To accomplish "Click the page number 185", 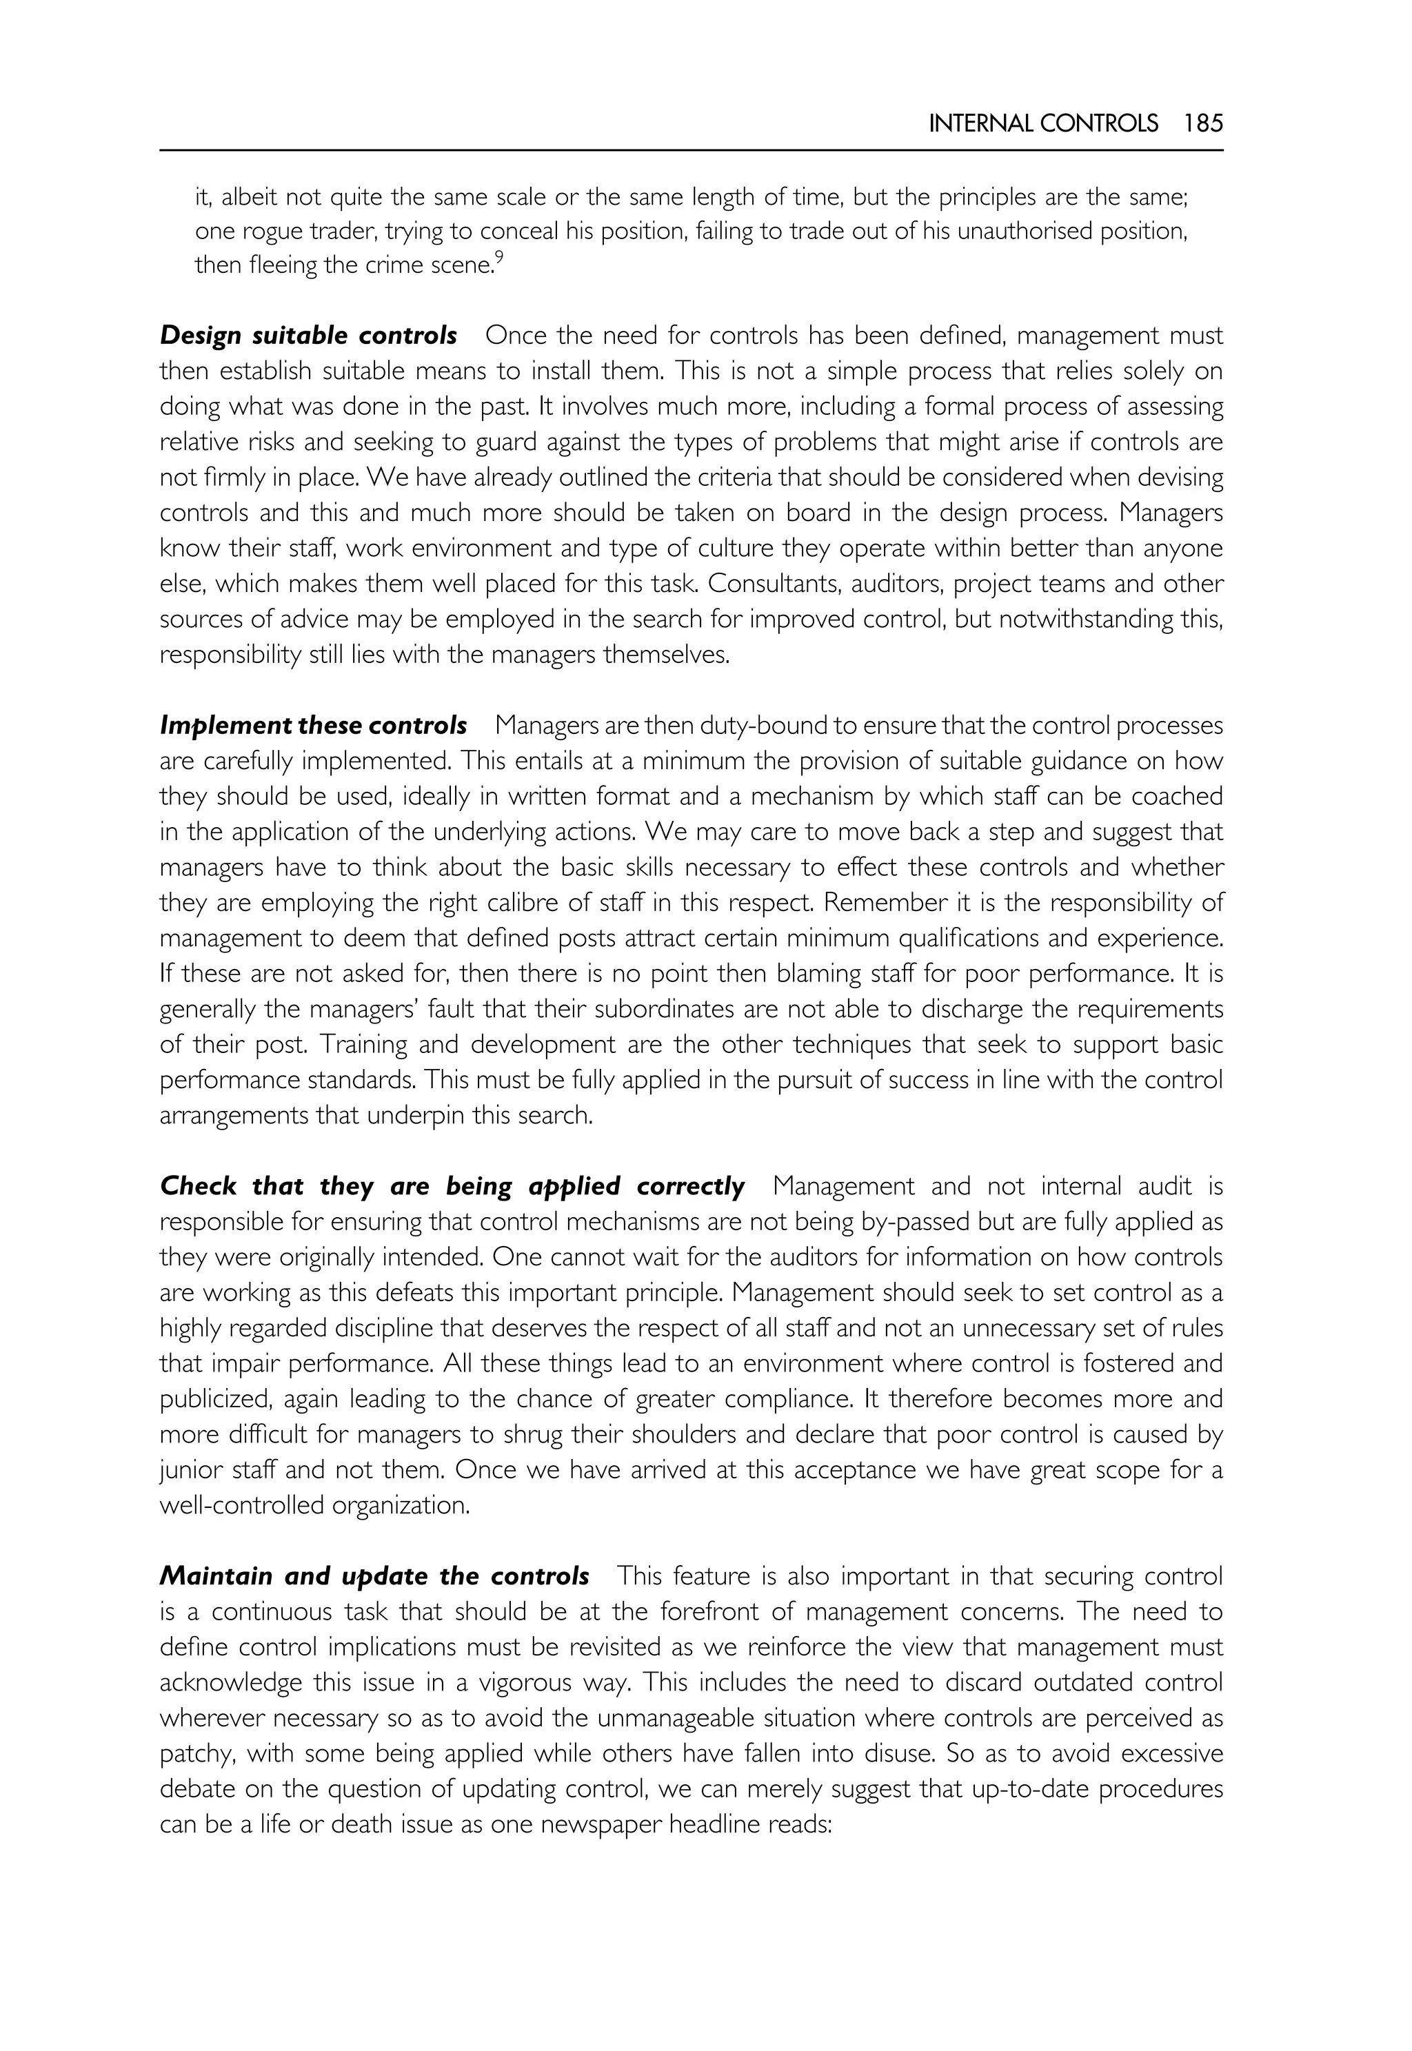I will click(1202, 124).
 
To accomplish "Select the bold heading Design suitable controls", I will click(308, 336).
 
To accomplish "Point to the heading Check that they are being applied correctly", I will click(452, 1186).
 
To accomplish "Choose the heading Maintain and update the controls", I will click(374, 1576).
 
